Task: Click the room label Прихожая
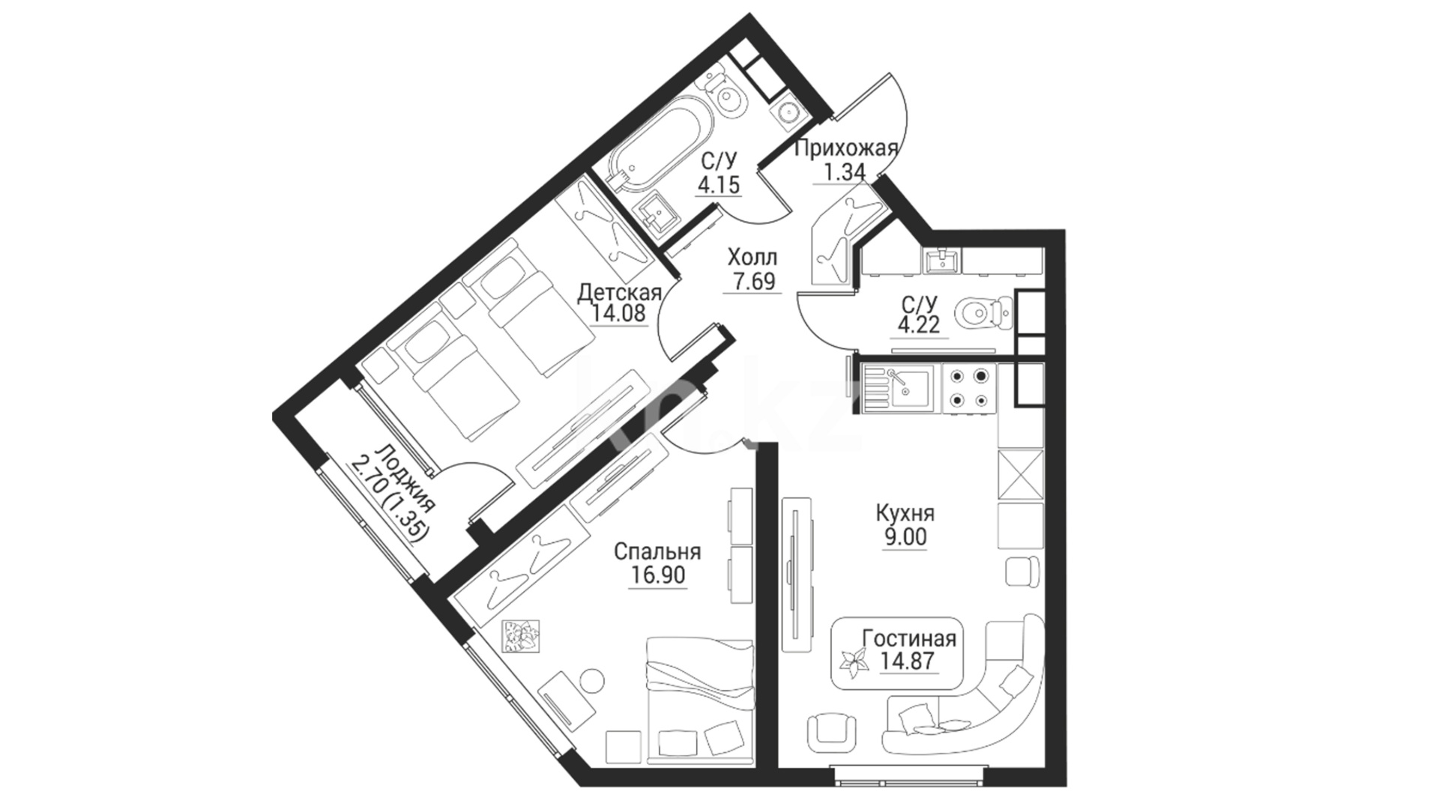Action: tap(845, 148)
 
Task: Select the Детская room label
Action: tap(619, 292)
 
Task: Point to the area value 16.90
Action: tap(657, 575)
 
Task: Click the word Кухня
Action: tap(905, 513)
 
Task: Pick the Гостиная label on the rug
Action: tap(909, 638)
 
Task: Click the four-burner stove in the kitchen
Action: tap(969, 390)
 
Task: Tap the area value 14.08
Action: tap(618, 313)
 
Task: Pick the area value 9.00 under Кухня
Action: tap(905, 537)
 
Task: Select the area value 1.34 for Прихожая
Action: tap(845, 172)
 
